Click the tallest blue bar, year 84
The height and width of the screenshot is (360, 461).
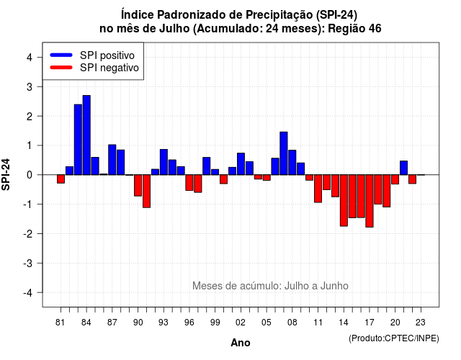86,135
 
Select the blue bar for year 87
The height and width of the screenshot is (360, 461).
112,160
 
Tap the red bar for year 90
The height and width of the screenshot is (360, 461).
138,186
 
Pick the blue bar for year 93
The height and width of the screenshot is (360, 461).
164,162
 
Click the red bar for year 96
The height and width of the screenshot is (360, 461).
189,183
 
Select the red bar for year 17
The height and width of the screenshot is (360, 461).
370,201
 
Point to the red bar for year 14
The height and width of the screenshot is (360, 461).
344,200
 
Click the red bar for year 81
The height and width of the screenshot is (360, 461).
61,179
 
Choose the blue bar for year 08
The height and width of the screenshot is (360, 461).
292,163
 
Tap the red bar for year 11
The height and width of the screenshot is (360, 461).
318,189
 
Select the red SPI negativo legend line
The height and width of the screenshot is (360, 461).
61,67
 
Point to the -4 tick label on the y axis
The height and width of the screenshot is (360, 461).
28,293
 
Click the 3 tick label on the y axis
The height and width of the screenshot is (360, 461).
30,87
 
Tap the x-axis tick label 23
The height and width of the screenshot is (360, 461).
421,323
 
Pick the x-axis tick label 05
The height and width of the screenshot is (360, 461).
267,323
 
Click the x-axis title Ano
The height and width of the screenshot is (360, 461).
241,343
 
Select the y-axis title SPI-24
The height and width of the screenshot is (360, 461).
6,174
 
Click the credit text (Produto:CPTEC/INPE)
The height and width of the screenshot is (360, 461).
394,338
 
